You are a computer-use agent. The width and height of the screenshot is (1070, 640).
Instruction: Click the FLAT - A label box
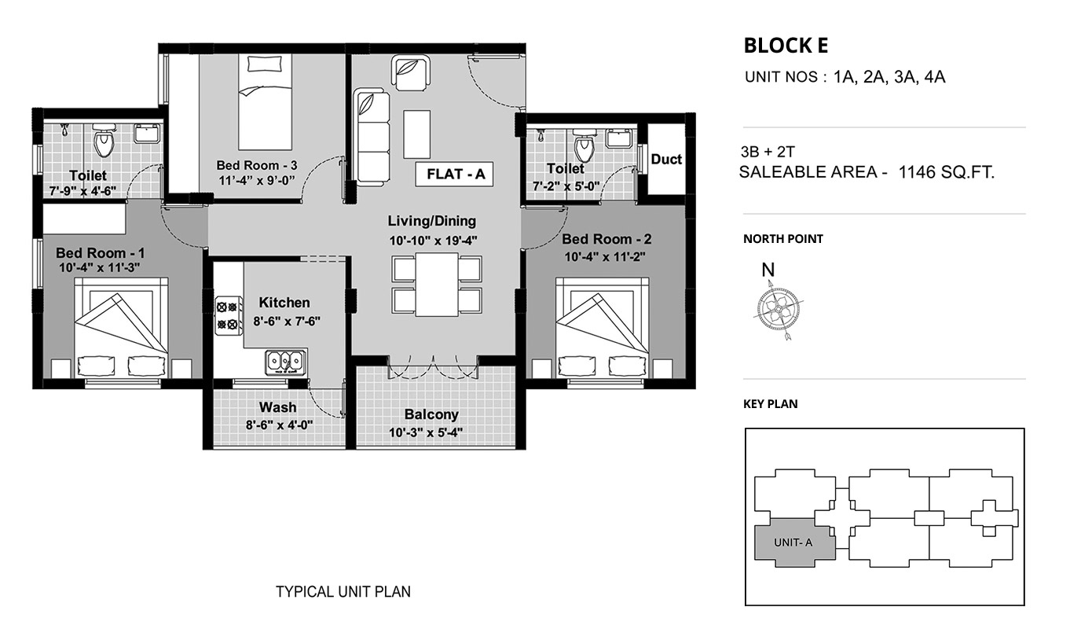tap(454, 175)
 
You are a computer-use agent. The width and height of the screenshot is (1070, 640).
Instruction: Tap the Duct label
tap(666, 159)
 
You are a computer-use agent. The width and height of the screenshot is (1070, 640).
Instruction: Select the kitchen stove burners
tap(227, 315)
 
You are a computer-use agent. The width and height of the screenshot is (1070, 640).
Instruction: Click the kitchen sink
tap(286, 362)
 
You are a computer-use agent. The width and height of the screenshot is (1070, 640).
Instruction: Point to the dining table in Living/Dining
tap(437, 285)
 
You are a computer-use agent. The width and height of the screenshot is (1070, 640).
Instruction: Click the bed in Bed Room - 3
tap(265, 101)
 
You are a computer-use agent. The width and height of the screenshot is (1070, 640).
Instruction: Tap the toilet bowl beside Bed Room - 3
tap(104, 140)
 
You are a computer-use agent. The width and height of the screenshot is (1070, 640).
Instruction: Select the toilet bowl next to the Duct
tap(584, 145)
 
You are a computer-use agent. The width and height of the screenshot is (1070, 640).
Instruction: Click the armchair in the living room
tap(410, 72)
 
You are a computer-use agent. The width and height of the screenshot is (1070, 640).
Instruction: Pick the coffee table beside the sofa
tap(416, 134)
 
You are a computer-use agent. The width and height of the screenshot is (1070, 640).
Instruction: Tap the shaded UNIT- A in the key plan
tap(794, 543)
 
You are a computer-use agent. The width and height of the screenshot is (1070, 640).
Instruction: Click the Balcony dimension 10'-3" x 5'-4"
tap(426, 433)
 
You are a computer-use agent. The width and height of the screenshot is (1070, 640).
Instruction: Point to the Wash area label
tap(277, 407)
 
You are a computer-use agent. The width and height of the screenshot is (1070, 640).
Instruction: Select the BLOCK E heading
tap(786, 46)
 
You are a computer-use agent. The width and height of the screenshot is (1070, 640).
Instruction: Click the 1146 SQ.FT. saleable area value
tap(947, 172)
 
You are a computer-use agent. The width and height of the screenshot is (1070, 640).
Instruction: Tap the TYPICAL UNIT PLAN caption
tap(343, 592)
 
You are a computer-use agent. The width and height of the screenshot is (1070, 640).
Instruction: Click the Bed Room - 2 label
tap(606, 239)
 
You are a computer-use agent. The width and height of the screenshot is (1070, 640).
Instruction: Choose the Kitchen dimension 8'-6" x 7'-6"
tap(287, 322)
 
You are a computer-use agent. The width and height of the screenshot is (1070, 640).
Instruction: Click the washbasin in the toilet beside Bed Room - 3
tap(147, 134)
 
